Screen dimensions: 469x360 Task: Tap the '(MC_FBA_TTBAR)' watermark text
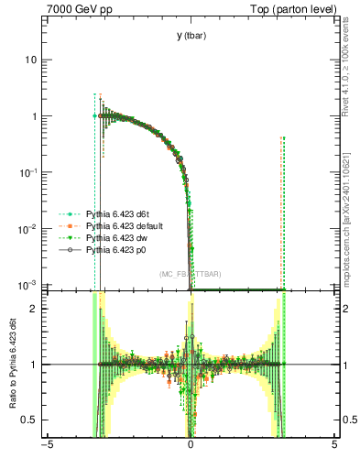(190, 274)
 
